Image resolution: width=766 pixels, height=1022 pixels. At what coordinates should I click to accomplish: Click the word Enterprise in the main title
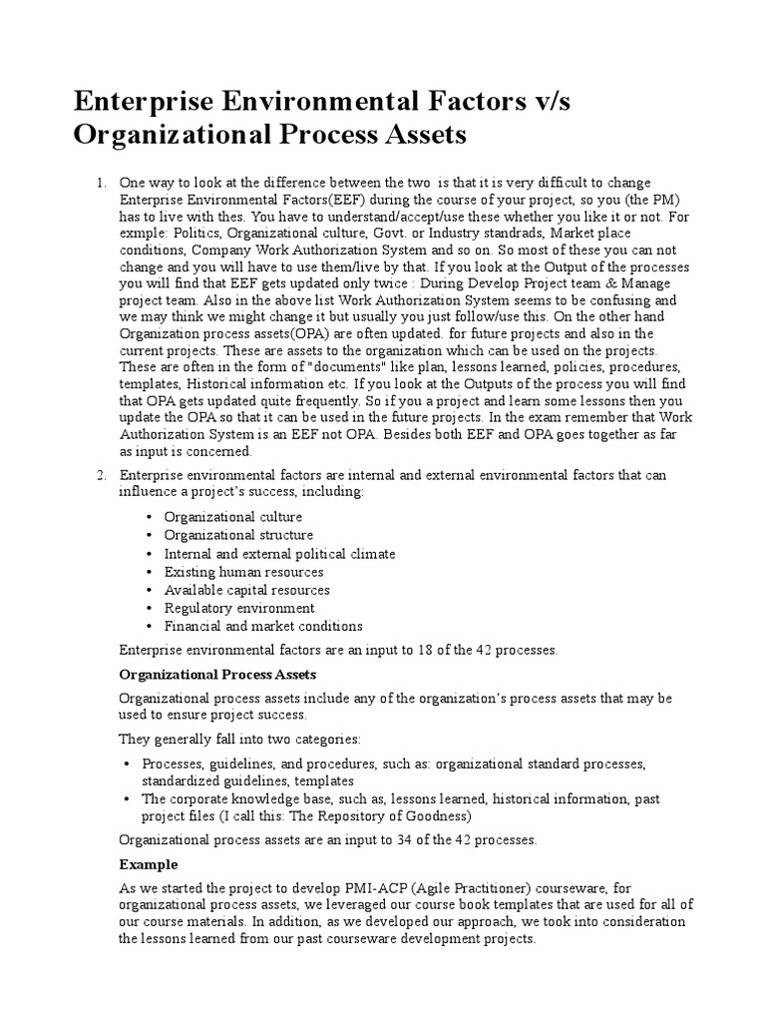coord(138,101)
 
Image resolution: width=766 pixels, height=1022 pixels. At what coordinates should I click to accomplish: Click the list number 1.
coord(100,183)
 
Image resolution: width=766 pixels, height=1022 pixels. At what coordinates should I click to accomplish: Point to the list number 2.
coord(100,475)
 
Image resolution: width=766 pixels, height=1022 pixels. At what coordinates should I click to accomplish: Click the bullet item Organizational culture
coord(232,517)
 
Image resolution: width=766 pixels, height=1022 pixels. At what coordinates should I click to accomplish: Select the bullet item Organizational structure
coord(238,535)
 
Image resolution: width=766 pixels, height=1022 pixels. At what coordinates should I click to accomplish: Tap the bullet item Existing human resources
coord(243,572)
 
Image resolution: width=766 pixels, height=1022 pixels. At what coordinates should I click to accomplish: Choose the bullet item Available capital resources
coord(246,590)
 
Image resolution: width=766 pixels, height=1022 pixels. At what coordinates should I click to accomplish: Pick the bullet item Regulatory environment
coord(238,608)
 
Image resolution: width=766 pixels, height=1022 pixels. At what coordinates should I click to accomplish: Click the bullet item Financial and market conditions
coord(263,626)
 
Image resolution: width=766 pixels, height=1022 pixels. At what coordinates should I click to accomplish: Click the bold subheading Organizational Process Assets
coord(217,676)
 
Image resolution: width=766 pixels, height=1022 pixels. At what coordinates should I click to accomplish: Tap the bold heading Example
coord(149,864)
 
